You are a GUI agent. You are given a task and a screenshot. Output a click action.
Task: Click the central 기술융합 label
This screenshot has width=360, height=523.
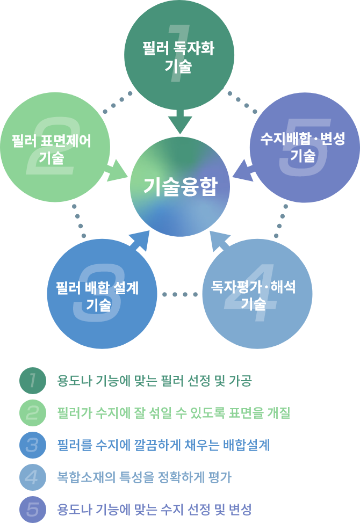(x=179, y=187)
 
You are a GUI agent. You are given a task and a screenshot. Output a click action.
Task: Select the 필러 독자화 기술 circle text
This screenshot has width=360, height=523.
(x=179, y=57)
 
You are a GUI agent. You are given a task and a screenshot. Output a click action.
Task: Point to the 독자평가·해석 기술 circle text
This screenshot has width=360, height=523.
(x=254, y=296)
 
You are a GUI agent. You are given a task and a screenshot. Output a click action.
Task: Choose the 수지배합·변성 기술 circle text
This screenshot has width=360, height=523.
(x=303, y=148)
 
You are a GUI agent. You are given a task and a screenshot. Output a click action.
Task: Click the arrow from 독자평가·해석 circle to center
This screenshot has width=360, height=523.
(x=219, y=241)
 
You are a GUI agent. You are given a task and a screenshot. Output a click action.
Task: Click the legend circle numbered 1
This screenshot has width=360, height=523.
(x=33, y=381)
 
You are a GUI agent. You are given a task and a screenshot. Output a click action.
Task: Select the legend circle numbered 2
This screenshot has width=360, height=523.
(x=33, y=413)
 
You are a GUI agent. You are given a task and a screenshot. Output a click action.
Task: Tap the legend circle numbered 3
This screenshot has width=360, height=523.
(x=33, y=445)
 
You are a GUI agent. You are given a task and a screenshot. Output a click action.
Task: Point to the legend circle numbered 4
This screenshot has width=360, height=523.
(x=33, y=477)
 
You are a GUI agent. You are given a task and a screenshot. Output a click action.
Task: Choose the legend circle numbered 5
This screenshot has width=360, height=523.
(x=33, y=509)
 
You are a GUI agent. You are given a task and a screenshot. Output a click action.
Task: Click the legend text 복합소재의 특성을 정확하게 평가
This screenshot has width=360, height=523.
(x=144, y=477)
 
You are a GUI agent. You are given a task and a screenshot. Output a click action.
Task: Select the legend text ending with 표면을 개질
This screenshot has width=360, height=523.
(x=174, y=413)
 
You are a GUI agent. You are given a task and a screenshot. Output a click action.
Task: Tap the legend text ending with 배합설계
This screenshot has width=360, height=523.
(x=163, y=445)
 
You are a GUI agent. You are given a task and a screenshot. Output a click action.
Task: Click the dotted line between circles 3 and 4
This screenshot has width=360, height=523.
(x=179, y=294)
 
